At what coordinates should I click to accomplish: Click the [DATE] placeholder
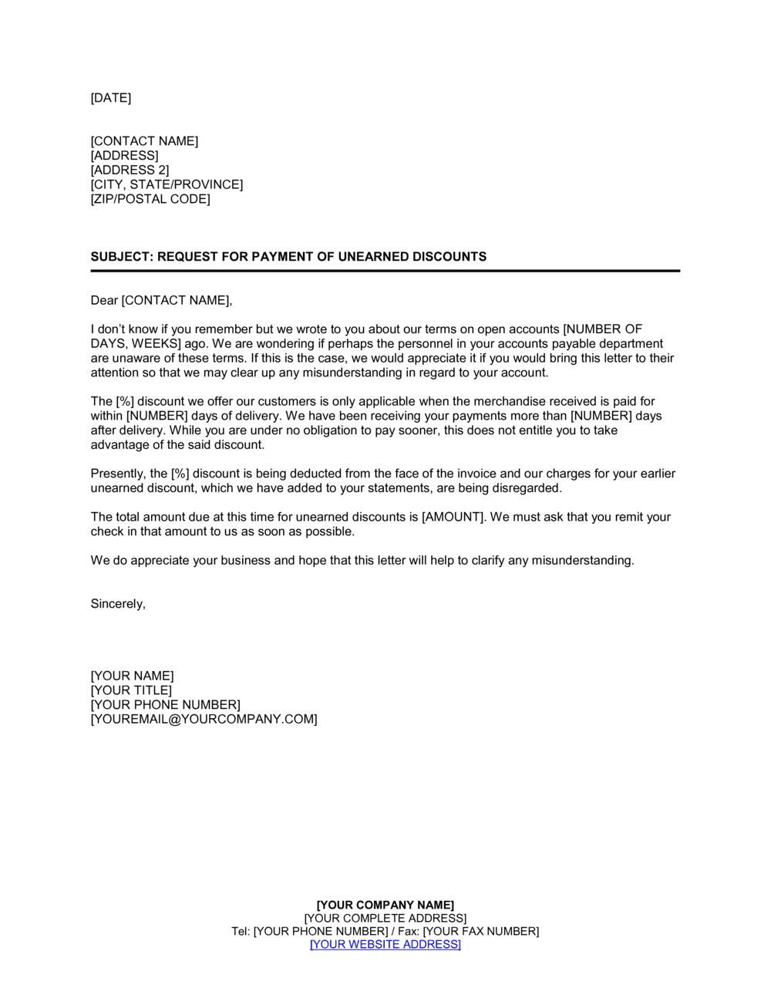(x=111, y=98)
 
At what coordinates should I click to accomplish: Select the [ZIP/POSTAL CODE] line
(x=150, y=199)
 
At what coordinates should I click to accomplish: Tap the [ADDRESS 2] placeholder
(x=130, y=170)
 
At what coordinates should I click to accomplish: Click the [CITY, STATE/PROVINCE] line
(x=167, y=184)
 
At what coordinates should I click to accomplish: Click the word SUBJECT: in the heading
(x=122, y=257)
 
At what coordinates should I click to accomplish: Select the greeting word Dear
(x=104, y=300)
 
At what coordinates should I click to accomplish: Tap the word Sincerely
(x=117, y=604)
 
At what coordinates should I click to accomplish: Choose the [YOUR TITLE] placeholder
(x=131, y=690)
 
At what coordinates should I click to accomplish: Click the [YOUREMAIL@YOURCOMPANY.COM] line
(x=204, y=719)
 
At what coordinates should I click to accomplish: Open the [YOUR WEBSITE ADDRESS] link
(x=385, y=944)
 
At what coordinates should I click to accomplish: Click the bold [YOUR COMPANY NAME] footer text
(x=385, y=905)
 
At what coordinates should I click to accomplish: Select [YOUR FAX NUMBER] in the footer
(x=480, y=931)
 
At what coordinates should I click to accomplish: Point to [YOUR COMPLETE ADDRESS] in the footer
(x=385, y=918)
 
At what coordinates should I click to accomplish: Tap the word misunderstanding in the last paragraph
(x=582, y=561)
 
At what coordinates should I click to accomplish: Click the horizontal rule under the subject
(x=385, y=271)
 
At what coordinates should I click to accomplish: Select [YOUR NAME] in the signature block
(x=132, y=676)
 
